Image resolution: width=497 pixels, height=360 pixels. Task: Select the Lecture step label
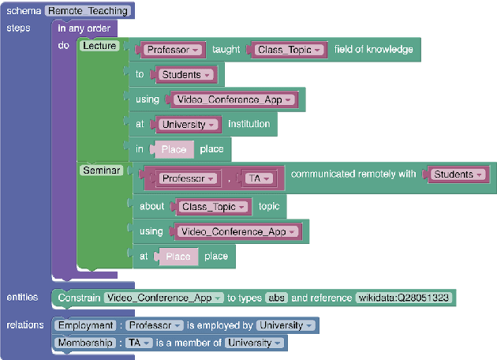point(99,46)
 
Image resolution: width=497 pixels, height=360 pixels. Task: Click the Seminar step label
point(101,171)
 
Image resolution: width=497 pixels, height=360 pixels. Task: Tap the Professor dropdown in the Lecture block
point(173,50)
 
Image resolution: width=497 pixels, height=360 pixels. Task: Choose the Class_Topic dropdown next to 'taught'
point(290,50)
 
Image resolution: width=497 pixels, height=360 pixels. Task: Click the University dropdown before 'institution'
point(189,125)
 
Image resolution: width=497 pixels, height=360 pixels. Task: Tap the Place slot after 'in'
point(173,149)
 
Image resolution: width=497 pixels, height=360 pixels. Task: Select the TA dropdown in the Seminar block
point(258,179)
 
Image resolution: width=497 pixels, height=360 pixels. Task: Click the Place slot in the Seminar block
point(177,257)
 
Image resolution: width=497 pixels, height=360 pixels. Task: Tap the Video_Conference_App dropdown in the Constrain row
point(163,298)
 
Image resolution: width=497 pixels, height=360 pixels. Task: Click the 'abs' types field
point(276,298)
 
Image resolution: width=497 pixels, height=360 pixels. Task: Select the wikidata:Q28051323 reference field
point(404,298)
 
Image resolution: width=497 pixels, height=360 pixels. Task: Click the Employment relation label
point(84,325)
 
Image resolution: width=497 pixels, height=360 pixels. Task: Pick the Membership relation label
point(85,343)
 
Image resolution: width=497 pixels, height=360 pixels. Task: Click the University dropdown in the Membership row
point(254,343)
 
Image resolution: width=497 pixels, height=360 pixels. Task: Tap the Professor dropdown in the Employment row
point(155,325)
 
